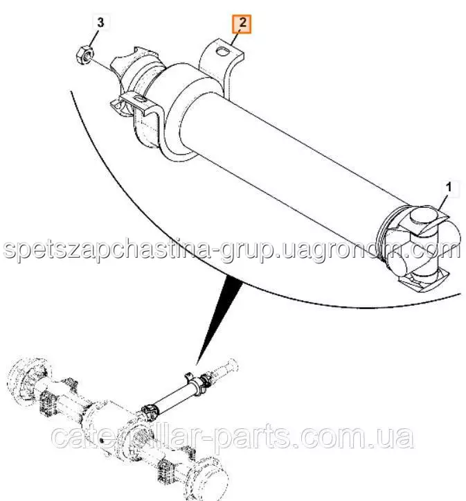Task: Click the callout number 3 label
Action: pos(100,23)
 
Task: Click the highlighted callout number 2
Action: pos(242,24)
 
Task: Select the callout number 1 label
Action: pos(449,188)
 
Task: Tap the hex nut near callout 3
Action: pos(84,55)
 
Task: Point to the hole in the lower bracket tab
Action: pos(140,98)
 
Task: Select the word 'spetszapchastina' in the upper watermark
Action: pos(107,249)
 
